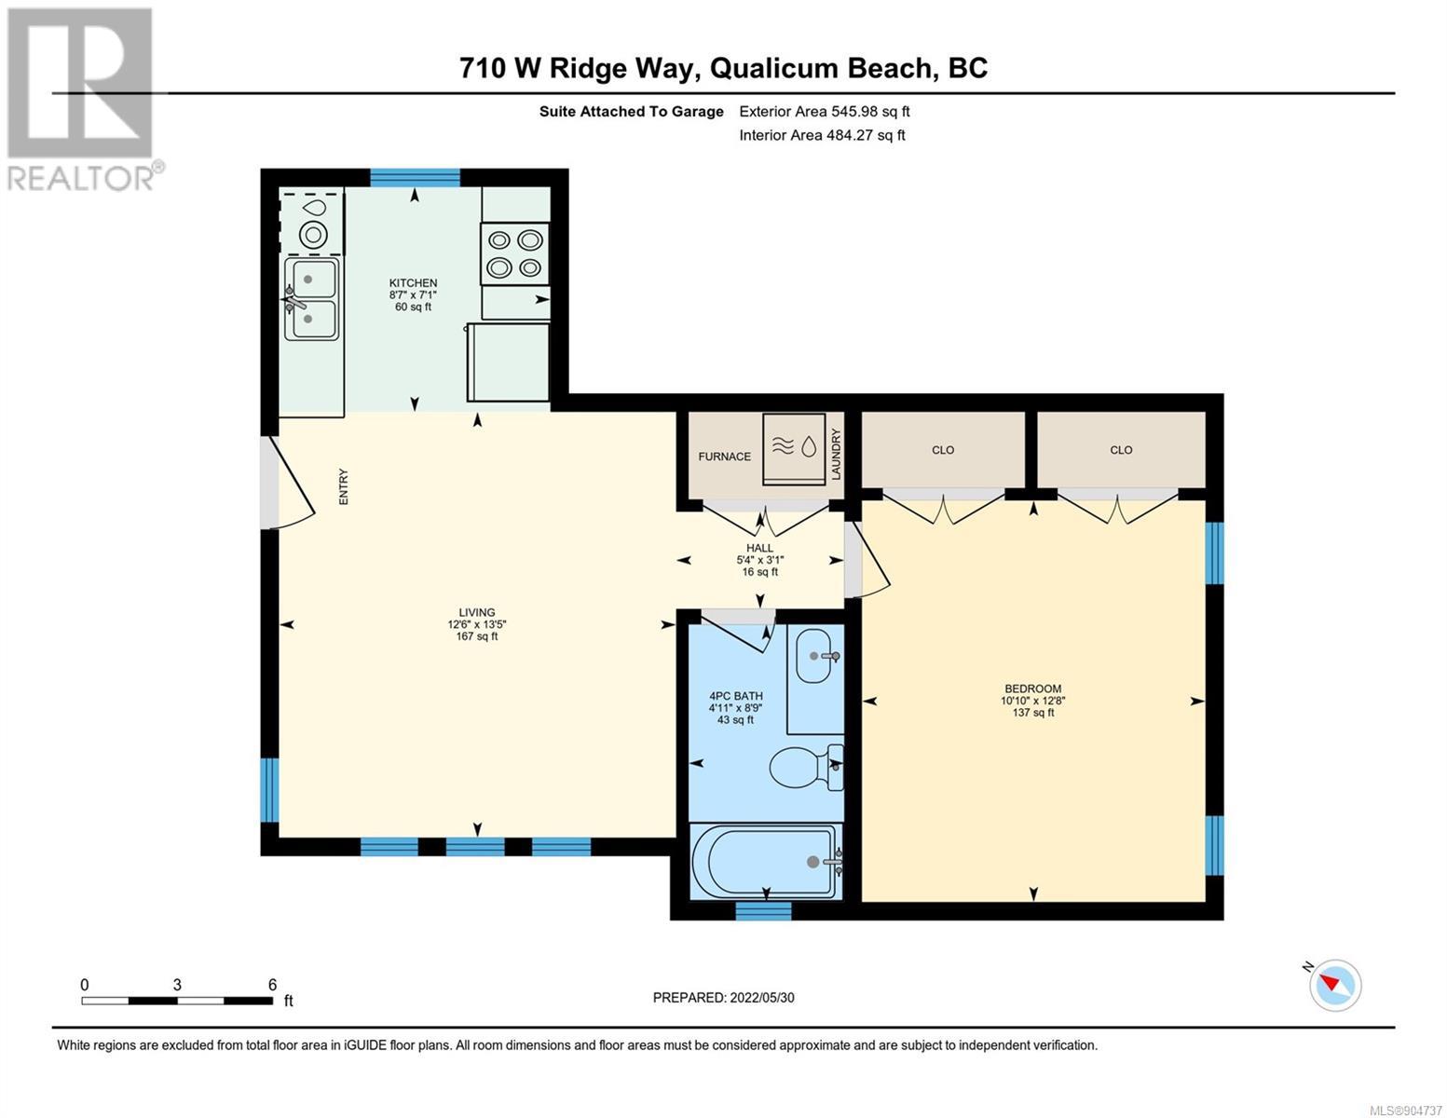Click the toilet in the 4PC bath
tap(806, 767)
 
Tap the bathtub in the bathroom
tap(766, 862)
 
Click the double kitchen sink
tap(311, 299)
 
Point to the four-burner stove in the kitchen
tap(514, 253)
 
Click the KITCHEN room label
tap(413, 283)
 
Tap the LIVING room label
tap(477, 613)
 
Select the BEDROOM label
tap(1032, 689)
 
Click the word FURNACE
tap(724, 457)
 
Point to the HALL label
tap(759, 548)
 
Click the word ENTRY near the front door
tap(344, 486)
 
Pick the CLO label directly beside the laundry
tap(943, 450)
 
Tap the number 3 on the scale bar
tap(177, 985)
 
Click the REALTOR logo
tap(83, 100)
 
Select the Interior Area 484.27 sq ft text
tap(823, 135)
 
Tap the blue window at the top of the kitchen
tap(415, 178)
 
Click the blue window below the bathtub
tap(763, 910)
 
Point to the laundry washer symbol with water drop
tap(794, 447)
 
